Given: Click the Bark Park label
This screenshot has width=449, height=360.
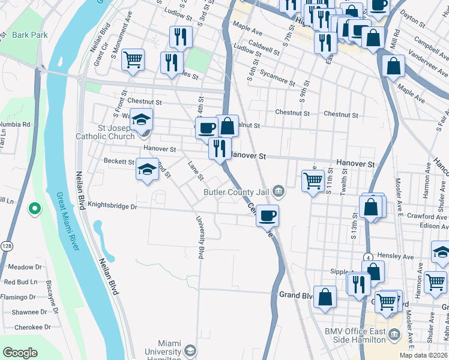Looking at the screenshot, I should (x=30, y=35).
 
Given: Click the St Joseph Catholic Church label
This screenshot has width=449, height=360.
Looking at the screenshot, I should (x=116, y=132).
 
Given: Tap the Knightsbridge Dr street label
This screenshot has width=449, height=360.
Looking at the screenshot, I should (x=113, y=205).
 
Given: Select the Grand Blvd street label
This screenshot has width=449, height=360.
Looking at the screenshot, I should (x=297, y=295).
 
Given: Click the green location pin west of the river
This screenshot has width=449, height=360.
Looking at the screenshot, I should (x=35, y=209).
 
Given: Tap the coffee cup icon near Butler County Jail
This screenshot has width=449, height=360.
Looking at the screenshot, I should (x=267, y=215).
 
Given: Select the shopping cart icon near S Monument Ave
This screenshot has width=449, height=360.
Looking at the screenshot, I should (x=133, y=59).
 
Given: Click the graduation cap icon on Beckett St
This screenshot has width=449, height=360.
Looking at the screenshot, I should (x=147, y=170).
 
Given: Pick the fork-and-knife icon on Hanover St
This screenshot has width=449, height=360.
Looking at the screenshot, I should (x=220, y=148).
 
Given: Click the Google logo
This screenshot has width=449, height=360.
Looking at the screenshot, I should (x=20, y=353).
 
